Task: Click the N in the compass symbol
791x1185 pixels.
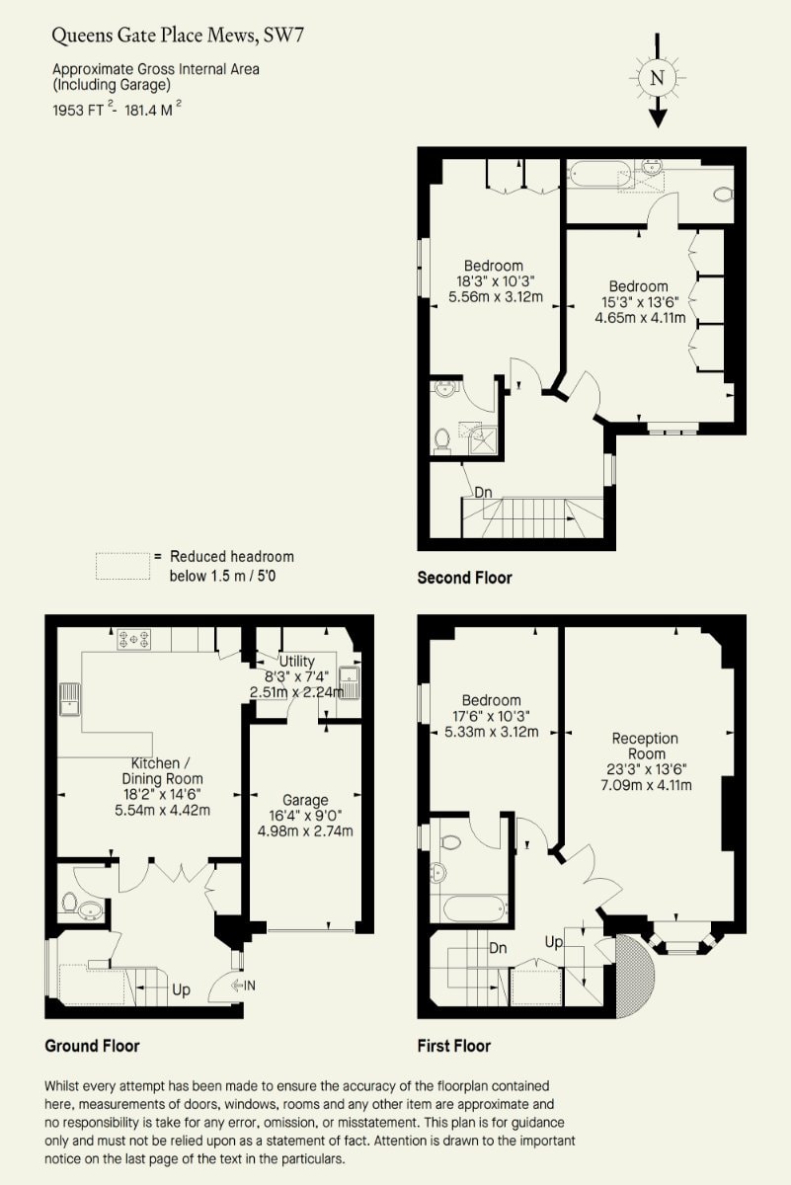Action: pyautogui.click(x=657, y=78)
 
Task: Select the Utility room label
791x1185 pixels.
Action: pyautogui.click(x=297, y=662)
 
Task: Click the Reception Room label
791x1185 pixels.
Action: pyautogui.click(x=646, y=746)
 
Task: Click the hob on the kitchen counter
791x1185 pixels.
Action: pyautogui.click(x=134, y=639)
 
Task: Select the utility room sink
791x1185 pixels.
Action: pyautogui.click(x=350, y=682)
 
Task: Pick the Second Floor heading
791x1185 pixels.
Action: pyautogui.click(x=464, y=578)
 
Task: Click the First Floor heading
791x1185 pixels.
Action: pyautogui.click(x=454, y=1046)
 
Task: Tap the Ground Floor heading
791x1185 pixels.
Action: pyautogui.click(x=92, y=1046)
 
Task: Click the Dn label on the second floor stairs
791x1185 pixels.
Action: pyautogui.click(x=483, y=493)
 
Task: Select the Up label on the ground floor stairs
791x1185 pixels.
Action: pyautogui.click(x=181, y=990)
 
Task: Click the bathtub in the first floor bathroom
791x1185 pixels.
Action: pyautogui.click(x=475, y=908)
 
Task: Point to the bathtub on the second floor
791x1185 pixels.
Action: pyautogui.click(x=599, y=174)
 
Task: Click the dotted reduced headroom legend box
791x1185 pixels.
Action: pyautogui.click(x=122, y=566)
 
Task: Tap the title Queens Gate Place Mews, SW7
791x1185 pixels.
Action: pyautogui.click(x=178, y=36)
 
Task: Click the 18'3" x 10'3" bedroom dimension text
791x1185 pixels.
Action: pyautogui.click(x=496, y=280)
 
